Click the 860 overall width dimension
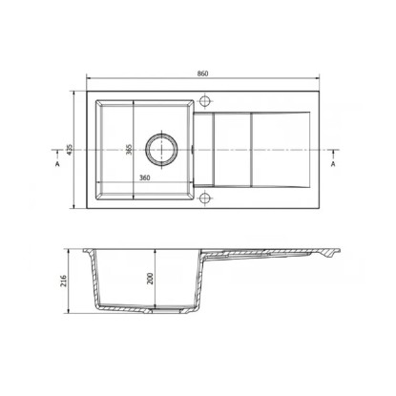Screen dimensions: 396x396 coord(202,73)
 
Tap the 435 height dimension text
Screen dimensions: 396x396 coord(70,150)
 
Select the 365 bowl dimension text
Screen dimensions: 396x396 coord(129,150)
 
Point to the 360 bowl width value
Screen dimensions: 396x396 coord(145,177)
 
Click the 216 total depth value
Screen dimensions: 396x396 coord(64,281)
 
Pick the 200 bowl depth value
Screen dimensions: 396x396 coord(151,279)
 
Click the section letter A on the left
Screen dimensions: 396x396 coord(57,164)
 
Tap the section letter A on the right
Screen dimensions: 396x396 coord(333,164)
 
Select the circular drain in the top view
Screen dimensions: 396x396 coord(161,149)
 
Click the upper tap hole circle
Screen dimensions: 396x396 coord(204,101)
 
